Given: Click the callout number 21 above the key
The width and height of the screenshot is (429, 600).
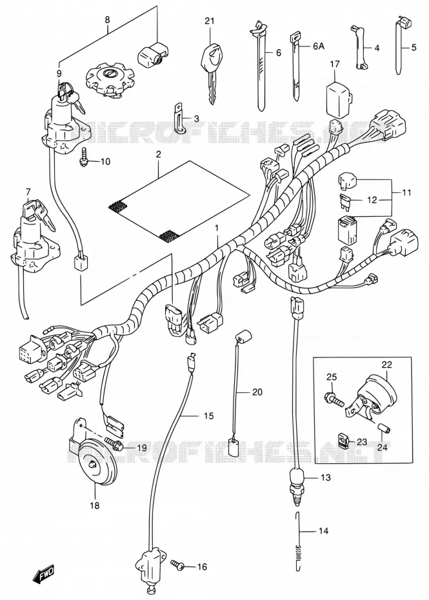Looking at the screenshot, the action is [x=209, y=21].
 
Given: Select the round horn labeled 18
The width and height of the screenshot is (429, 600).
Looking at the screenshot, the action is [x=94, y=464].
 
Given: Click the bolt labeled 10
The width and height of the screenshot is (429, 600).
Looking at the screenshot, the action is [x=84, y=161].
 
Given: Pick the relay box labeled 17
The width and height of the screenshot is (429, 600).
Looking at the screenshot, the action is [x=337, y=97].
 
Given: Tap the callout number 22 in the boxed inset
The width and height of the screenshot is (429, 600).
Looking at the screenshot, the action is [x=386, y=365].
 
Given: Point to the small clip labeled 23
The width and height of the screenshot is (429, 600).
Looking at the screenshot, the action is [x=344, y=441].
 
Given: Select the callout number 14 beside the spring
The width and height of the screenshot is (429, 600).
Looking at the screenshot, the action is [x=323, y=531].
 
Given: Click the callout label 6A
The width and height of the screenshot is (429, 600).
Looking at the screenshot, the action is [x=319, y=46].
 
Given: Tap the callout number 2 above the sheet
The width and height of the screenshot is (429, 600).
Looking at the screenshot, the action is [x=159, y=155].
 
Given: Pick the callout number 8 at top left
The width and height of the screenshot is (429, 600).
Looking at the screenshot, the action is [x=108, y=19].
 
